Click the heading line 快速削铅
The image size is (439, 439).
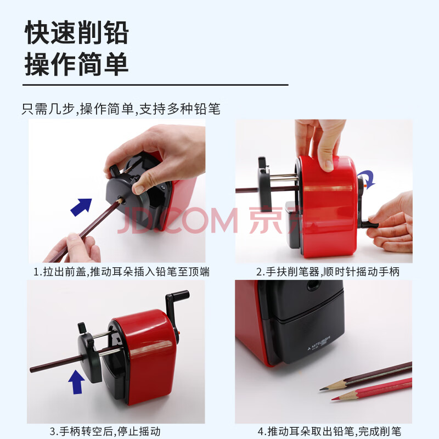(x=77, y=32)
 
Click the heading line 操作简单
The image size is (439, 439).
(x=77, y=64)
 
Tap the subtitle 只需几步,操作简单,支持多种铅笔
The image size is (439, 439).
(x=121, y=109)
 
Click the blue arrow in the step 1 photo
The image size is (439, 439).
(x=81, y=207)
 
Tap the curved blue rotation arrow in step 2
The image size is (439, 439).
(x=367, y=179)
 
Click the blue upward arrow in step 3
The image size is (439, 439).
(x=76, y=382)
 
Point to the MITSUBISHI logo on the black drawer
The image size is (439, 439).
(x=319, y=344)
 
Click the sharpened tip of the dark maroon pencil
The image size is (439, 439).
(x=321, y=389)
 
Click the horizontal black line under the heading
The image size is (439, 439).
(x=155, y=85)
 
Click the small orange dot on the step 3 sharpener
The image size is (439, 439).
(x=179, y=333)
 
